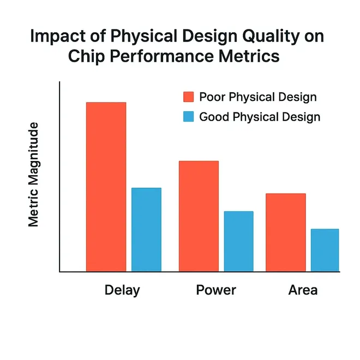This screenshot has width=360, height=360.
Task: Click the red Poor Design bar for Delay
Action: point(106,187)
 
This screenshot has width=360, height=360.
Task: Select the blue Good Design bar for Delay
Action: point(146,229)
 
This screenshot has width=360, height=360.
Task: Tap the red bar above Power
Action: point(199,216)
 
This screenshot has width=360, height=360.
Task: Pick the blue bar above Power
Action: point(239,241)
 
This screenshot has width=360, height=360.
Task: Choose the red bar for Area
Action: point(285,232)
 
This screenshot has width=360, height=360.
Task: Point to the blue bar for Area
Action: point(325,250)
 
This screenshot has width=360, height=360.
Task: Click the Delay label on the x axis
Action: point(122,290)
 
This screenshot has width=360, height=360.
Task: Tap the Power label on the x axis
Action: point(216,290)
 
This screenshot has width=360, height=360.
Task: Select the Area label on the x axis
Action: point(303,290)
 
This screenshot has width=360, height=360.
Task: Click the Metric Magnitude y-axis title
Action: point(34,175)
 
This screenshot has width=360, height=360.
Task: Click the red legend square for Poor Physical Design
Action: point(188,97)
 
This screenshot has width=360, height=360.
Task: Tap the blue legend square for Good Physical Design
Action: point(188,117)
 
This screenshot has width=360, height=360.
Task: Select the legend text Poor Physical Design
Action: point(257,97)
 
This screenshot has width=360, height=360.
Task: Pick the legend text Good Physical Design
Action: point(260,117)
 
